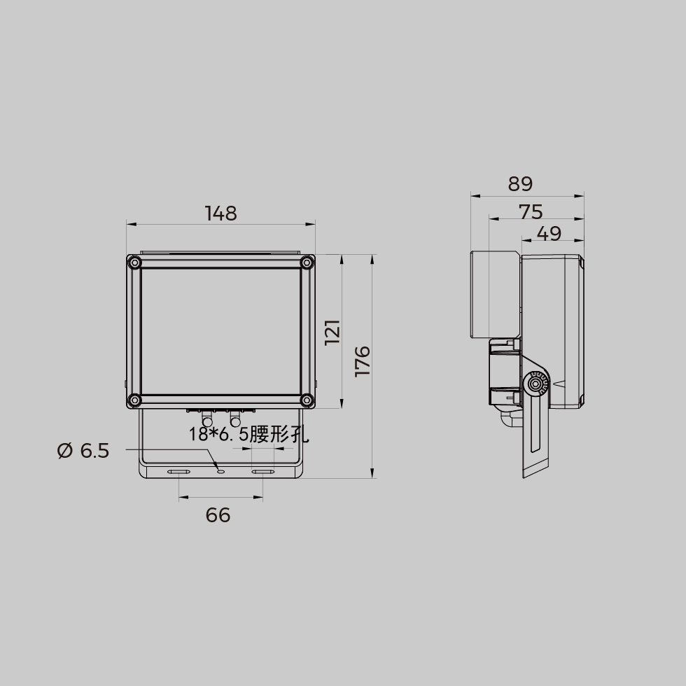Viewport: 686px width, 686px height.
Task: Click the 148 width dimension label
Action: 221,213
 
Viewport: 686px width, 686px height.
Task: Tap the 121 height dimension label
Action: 332,332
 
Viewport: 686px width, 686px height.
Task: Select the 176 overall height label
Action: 363,361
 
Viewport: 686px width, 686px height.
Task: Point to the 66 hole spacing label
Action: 218,515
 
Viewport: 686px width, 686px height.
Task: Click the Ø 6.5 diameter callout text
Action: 83,451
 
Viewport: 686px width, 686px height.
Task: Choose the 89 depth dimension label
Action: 520,184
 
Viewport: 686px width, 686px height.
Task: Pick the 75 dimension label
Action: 531,212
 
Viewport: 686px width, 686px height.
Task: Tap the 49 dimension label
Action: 549,234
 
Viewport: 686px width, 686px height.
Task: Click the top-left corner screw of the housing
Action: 134,263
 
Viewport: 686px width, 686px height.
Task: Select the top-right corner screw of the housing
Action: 307,263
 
